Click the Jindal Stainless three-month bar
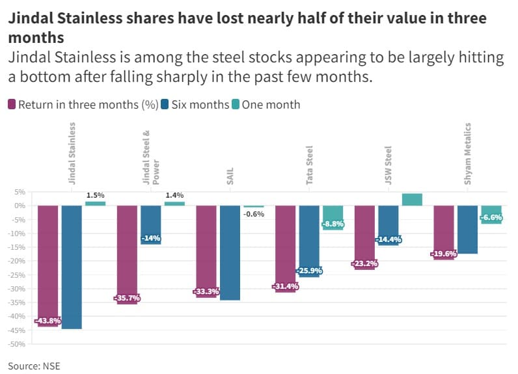(x=48, y=260)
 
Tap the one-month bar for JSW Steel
(x=412, y=200)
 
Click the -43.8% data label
(x=48, y=321)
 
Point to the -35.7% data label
(x=127, y=298)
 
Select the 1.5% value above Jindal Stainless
(x=95, y=195)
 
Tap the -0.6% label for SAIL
(x=254, y=214)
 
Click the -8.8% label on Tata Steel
(x=333, y=224)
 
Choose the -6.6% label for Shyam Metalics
(x=491, y=218)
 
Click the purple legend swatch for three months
(x=12, y=104)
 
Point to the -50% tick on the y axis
(x=17, y=344)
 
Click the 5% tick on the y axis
(x=20, y=193)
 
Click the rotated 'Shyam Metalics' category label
(x=468, y=154)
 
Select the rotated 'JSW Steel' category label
(x=388, y=165)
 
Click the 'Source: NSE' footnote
(x=34, y=366)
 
